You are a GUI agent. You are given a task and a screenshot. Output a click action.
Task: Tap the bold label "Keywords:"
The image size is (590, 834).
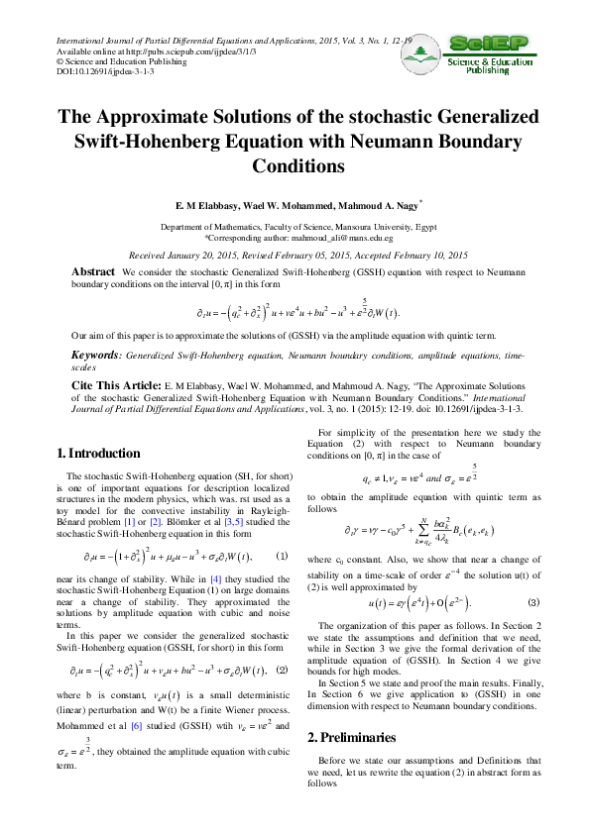point(95,355)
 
